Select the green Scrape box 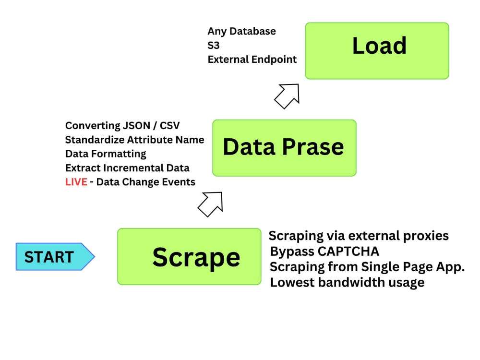click(x=189, y=256)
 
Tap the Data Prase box click(x=284, y=148)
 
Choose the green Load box click(x=377, y=50)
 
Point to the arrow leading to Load click(x=287, y=96)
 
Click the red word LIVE click(x=76, y=182)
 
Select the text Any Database click(x=241, y=31)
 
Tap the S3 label click(x=214, y=46)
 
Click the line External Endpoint click(x=252, y=60)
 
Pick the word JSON click(x=136, y=126)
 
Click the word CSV click(x=169, y=126)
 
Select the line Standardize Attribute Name click(x=134, y=140)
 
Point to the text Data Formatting click(x=106, y=154)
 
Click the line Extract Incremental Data click(x=127, y=168)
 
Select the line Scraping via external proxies click(x=359, y=236)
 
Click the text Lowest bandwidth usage click(x=347, y=282)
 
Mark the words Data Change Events click(x=146, y=182)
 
